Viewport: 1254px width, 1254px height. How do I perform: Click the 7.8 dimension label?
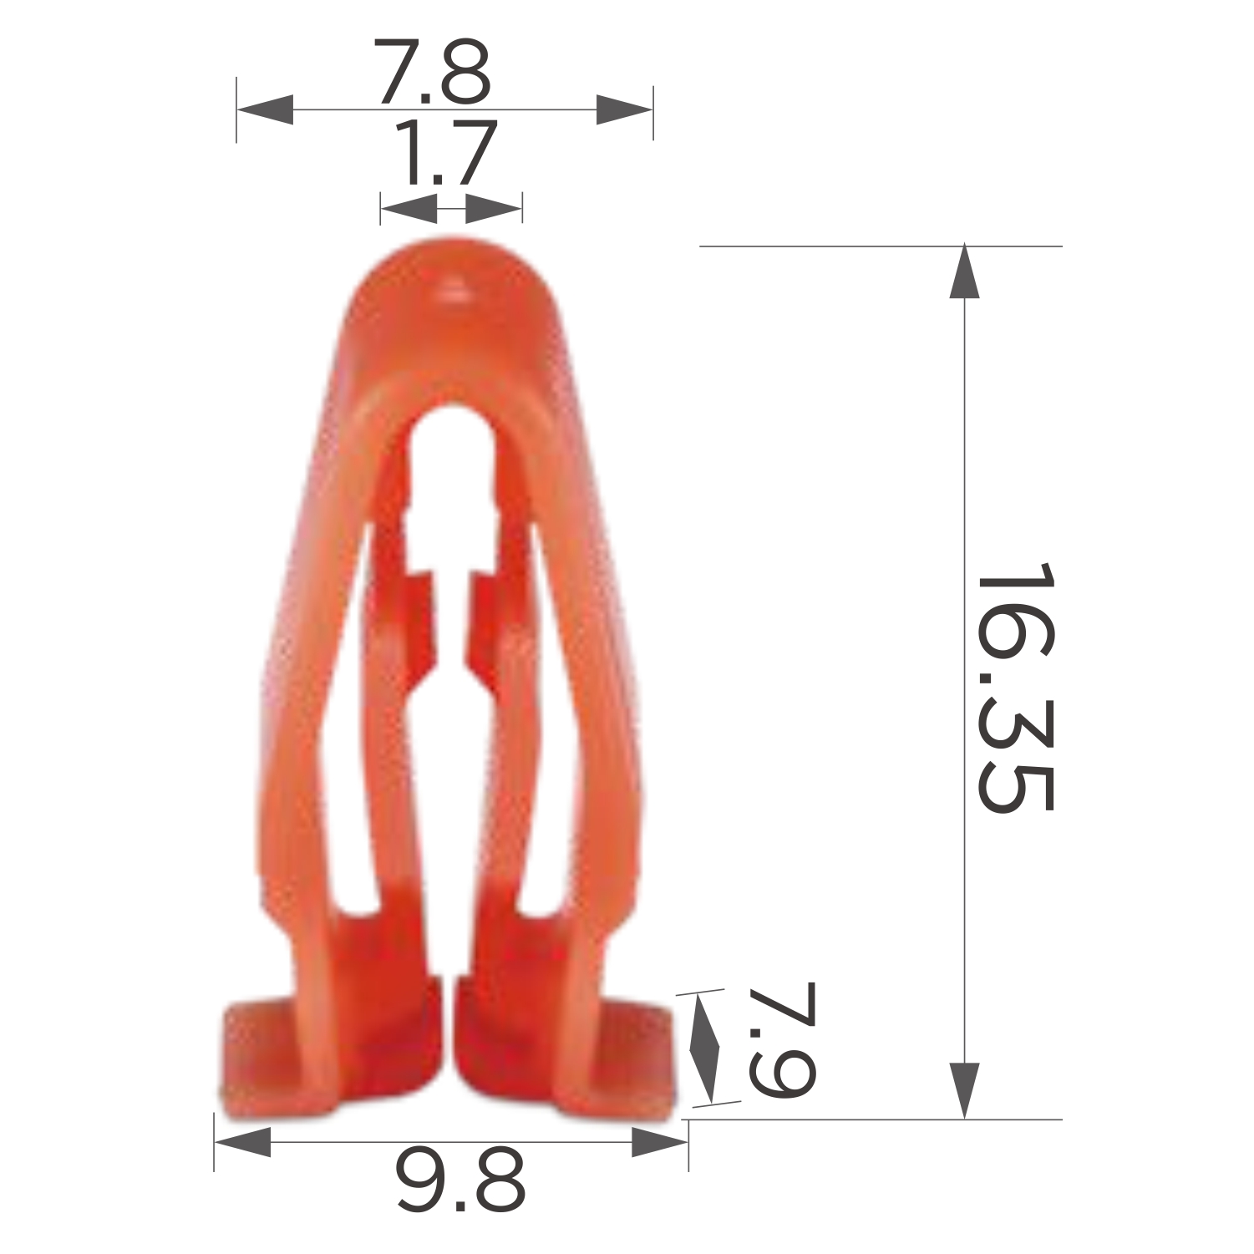tap(431, 72)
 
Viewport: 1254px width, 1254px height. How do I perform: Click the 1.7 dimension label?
tap(446, 154)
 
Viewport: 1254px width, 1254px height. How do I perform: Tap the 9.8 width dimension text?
tap(460, 1180)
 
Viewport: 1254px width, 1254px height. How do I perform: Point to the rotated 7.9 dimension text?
tap(780, 1041)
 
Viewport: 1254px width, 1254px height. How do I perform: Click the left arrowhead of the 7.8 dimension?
tap(265, 109)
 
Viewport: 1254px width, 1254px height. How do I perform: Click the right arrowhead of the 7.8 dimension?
tap(624, 109)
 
